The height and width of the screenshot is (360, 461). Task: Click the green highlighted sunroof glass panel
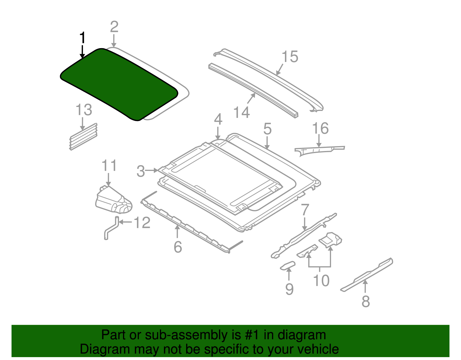119,85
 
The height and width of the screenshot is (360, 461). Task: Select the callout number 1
82,38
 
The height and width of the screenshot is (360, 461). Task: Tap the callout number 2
114,27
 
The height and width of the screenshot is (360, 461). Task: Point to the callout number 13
84,110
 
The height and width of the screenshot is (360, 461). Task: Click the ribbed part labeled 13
83,137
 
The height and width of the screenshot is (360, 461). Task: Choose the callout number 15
290,57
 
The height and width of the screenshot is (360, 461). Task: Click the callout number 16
320,128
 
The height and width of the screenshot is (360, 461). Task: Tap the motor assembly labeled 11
114,200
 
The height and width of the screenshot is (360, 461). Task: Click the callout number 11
109,165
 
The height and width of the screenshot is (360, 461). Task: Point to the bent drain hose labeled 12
111,228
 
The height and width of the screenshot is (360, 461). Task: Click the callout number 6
178,247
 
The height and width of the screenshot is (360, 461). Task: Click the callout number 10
321,280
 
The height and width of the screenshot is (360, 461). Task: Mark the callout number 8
366,301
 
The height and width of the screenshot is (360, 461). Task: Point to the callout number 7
305,210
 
